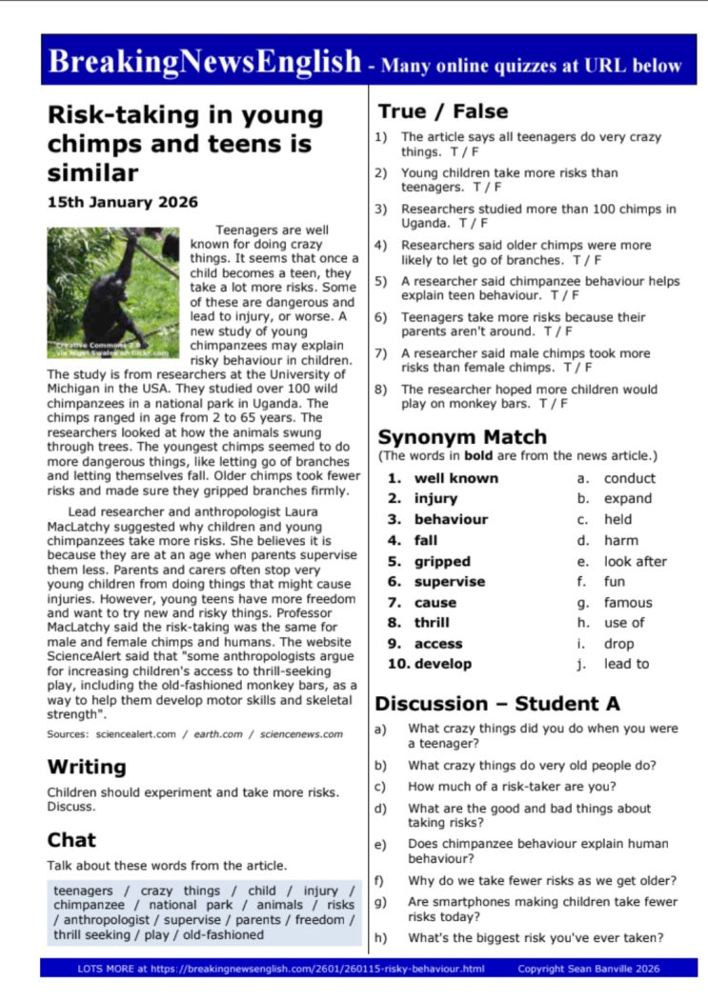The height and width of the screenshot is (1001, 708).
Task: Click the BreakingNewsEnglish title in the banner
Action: (x=205, y=62)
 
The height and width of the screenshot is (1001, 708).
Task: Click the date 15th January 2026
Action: (x=123, y=202)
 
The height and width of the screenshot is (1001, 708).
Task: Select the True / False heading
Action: (x=443, y=111)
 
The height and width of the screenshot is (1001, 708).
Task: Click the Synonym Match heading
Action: (x=462, y=437)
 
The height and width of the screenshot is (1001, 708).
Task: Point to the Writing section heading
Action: (x=87, y=767)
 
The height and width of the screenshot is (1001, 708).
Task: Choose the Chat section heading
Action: (x=71, y=839)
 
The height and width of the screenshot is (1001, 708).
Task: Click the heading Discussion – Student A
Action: (x=497, y=704)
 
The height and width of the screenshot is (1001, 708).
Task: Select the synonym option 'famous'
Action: (x=628, y=602)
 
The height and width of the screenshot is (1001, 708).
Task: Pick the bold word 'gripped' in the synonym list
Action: (x=442, y=561)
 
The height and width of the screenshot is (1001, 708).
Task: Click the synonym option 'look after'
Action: (x=636, y=561)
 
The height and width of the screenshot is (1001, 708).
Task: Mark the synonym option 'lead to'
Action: (x=626, y=664)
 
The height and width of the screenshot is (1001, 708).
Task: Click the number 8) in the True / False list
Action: (x=380, y=390)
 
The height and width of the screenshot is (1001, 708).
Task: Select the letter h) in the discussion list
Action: (x=381, y=937)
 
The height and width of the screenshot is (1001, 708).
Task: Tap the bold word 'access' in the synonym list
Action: (x=438, y=644)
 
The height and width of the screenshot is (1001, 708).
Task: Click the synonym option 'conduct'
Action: (x=630, y=478)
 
